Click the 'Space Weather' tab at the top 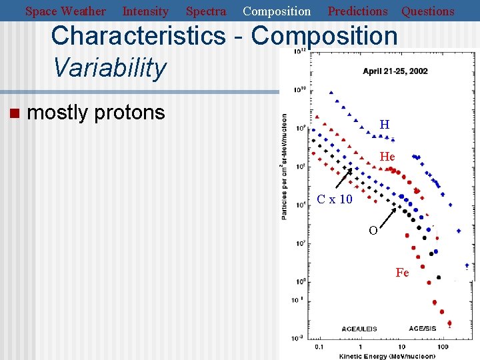pos(65,11)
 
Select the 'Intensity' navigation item pos(145,11)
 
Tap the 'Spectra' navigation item pos(205,11)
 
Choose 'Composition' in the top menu pos(277,11)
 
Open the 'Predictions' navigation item pos(357,11)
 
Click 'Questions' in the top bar pos(427,11)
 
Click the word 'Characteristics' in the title pos(138,36)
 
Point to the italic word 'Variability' pos(109,67)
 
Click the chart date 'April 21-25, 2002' pos(395,71)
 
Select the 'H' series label pos(385,125)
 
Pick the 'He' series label pos(387,157)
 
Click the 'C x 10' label pos(334,199)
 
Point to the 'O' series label pos(373,231)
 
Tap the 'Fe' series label pos(402,273)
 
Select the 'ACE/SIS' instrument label pos(424,328)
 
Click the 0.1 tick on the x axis pos(319,347)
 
